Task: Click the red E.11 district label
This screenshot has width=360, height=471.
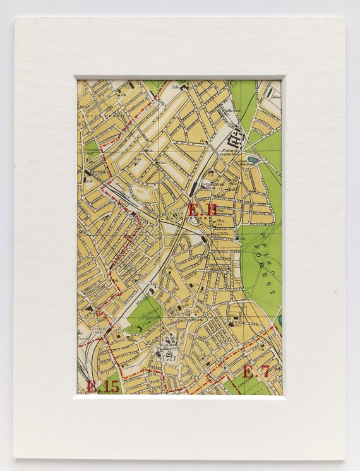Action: click(202, 210)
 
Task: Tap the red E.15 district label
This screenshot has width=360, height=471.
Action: click(102, 386)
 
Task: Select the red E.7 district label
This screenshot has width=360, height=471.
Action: click(256, 371)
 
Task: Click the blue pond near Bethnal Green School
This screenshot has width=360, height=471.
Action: click(254, 160)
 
